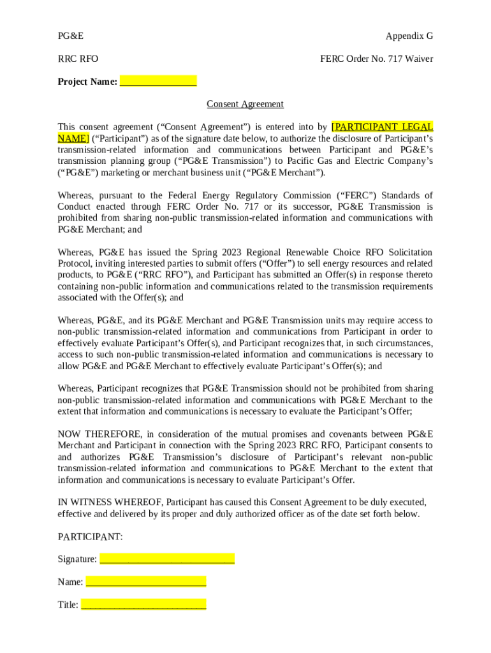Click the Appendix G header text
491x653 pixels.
coord(409,36)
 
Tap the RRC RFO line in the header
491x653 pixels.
coord(78,59)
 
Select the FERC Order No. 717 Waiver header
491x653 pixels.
coord(376,59)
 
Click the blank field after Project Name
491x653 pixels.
coord(158,82)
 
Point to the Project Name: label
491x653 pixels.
coord(87,82)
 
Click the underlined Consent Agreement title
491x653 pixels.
coord(245,104)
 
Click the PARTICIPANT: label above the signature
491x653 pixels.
coord(90,537)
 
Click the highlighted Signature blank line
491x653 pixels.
coord(167,559)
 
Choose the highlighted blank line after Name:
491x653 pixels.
coord(146,582)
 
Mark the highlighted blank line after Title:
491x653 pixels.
coord(143,605)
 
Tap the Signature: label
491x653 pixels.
coord(77,559)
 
